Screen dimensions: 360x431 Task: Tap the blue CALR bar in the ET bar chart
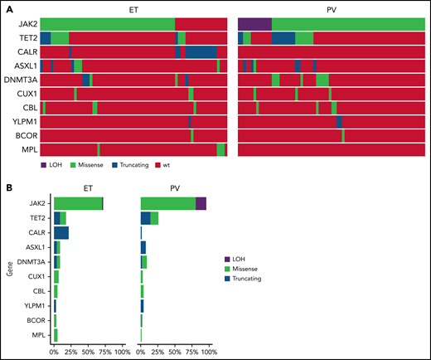pos(61,233)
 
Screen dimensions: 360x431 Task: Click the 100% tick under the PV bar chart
pos(208,352)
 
